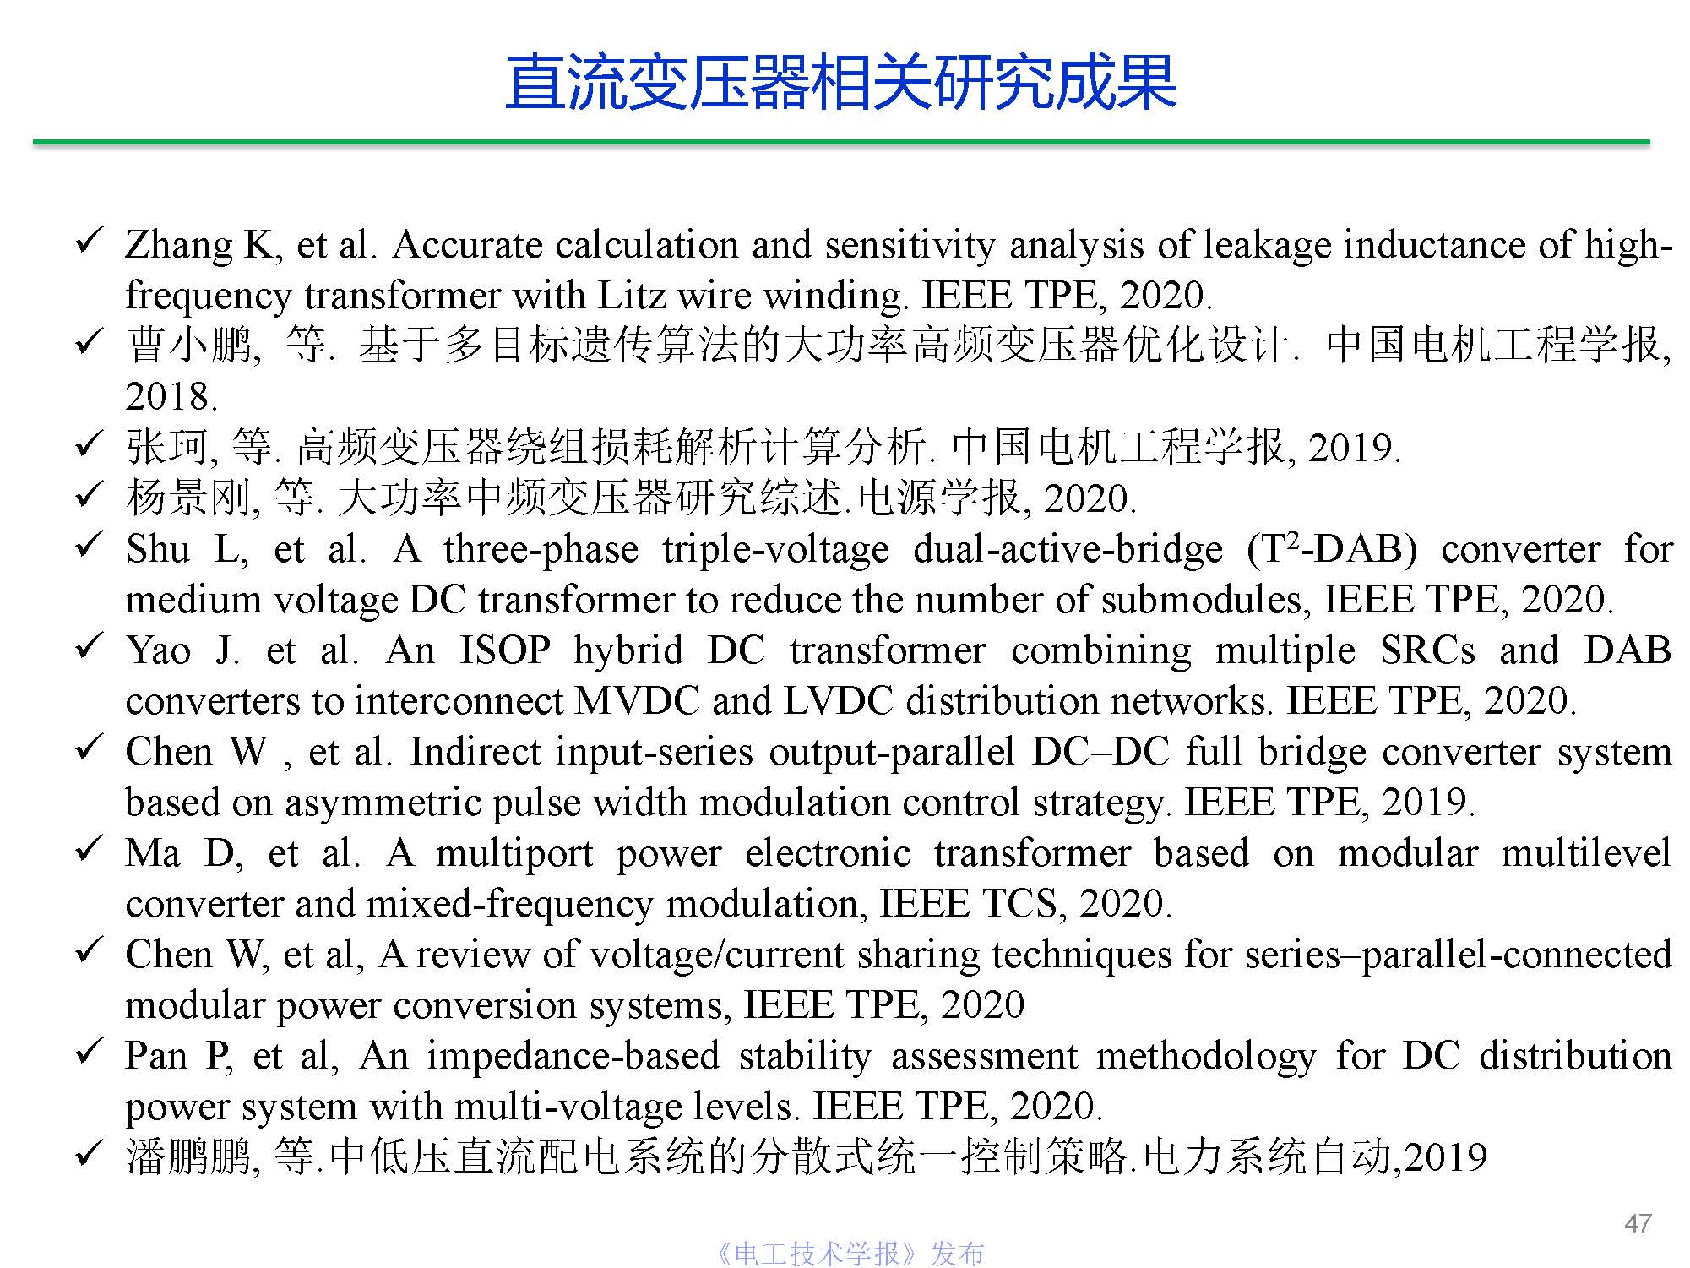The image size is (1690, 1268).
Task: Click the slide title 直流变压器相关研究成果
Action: pyautogui.click(x=840, y=83)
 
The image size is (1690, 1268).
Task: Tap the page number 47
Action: pyautogui.click(x=1638, y=1223)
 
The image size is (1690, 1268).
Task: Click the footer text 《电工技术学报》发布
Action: pyautogui.click(x=850, y=1254)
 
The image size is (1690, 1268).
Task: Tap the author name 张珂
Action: pyautogui.click(x=167, y=448)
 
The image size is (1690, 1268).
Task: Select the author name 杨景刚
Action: pyautogui.click(x=189, y=498)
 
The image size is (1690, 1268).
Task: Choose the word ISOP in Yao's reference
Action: pyautogui.click(x=504, y=650)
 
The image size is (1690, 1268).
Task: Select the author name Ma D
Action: pyautogui.click(x=182, y=853)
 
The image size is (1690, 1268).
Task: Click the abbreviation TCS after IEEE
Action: pyautogui.click(x=1020, y=904)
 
